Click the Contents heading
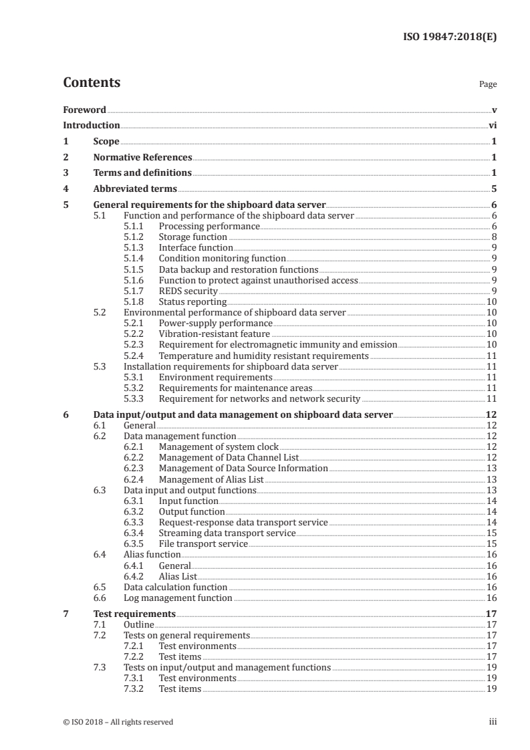point(92,83)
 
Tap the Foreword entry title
point(84,110)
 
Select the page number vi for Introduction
point(492,125)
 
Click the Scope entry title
point(106,141)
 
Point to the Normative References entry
point(142,158)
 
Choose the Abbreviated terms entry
point(135,189)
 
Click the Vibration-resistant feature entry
point(214,334)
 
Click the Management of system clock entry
point(219,447)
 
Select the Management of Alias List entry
point(211,479)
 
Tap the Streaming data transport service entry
point(227,533)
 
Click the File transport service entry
point(203,544)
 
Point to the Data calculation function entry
point(176,588)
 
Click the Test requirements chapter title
point(134,613)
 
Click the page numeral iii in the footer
point(493,721)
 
